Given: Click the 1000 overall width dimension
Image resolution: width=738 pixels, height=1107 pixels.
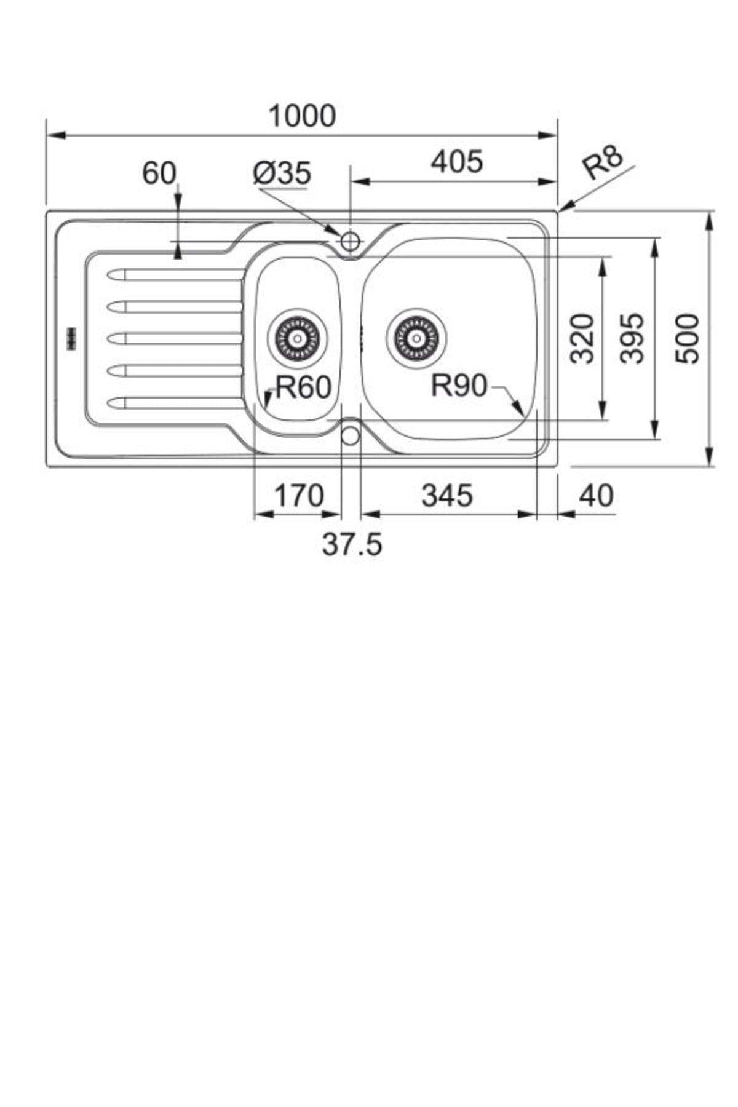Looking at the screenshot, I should click(303, 116).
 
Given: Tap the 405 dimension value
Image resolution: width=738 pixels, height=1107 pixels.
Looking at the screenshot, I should click(457, 162).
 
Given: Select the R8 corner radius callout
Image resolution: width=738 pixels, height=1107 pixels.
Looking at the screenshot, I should click(603, 162).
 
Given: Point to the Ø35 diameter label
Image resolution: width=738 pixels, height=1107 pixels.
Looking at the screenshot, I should click(282, 173).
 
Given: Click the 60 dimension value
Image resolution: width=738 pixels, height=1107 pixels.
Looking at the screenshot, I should click(159, 173).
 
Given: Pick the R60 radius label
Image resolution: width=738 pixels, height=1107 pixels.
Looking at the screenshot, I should click(303, 387).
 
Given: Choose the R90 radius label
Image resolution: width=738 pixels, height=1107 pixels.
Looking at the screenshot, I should click(459, 386).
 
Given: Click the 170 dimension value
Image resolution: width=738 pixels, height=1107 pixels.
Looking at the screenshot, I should click(298, 496).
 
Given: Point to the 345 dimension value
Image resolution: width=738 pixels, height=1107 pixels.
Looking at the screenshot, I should click(447, 496).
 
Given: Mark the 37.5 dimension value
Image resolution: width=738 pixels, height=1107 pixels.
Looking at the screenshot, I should click(352, 544).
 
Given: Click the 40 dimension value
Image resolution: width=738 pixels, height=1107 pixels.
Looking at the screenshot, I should click(596, 496).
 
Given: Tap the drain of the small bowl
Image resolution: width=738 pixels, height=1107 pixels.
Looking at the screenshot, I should click(298, 338).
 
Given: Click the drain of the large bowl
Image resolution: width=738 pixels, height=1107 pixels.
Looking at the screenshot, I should click(416, 338).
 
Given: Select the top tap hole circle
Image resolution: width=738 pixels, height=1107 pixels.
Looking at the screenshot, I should click(350, 241).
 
